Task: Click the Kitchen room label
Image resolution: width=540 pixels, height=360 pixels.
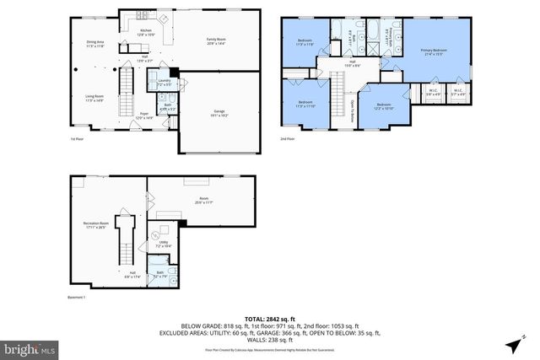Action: (x=147, y=32)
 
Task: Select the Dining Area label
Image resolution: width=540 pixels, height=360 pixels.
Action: (x=95, y=43)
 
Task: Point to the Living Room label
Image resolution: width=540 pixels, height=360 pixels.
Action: (x=94, y=99)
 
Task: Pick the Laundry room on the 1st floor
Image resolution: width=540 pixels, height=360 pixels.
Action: (x=165, y=83)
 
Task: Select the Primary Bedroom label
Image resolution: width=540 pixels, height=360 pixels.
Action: (x=434, y=52)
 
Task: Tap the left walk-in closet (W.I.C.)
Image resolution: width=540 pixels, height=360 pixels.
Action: (x=432, y=93)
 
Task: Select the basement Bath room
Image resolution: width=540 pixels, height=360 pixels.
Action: (x=160, y=274)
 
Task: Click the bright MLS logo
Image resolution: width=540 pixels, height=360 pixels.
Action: (x=30, y=347)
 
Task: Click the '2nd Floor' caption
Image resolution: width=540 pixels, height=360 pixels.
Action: (x=289, y=139)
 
